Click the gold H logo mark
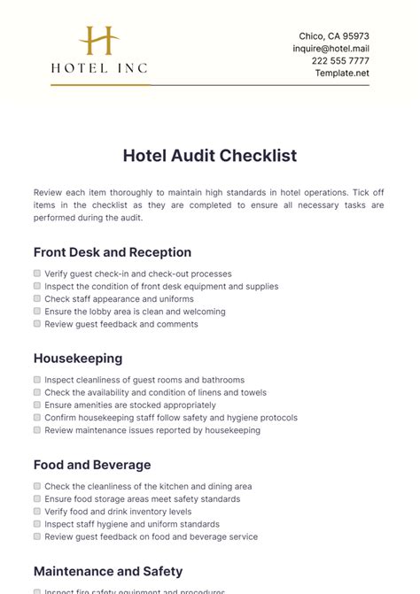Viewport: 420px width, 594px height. tap(99, 41)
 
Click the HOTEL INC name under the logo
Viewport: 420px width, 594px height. tap(99, 67)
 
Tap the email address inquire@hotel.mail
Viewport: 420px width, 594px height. tap(331, 49)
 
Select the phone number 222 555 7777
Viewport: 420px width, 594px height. tap(340, 61)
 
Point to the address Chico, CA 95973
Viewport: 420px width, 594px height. tap(334, 36)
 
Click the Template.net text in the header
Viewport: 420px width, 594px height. tap(342, 73)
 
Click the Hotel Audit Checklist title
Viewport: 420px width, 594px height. tap(210, 156)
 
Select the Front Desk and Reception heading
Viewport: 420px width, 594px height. tap(113, 252)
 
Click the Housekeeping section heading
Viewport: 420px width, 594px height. tap(78, 359)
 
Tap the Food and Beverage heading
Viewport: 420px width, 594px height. tap(92, 465)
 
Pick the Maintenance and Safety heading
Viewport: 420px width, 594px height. tap(108, 571)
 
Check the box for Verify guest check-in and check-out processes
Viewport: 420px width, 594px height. tap(37, 274)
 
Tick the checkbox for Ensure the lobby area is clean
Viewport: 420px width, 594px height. tap(37, 312)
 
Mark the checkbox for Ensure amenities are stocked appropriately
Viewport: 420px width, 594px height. tap(37, 405)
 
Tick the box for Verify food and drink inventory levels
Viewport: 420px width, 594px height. tap(37, 512)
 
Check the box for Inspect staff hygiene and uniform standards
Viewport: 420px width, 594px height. tap(37, 524)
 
